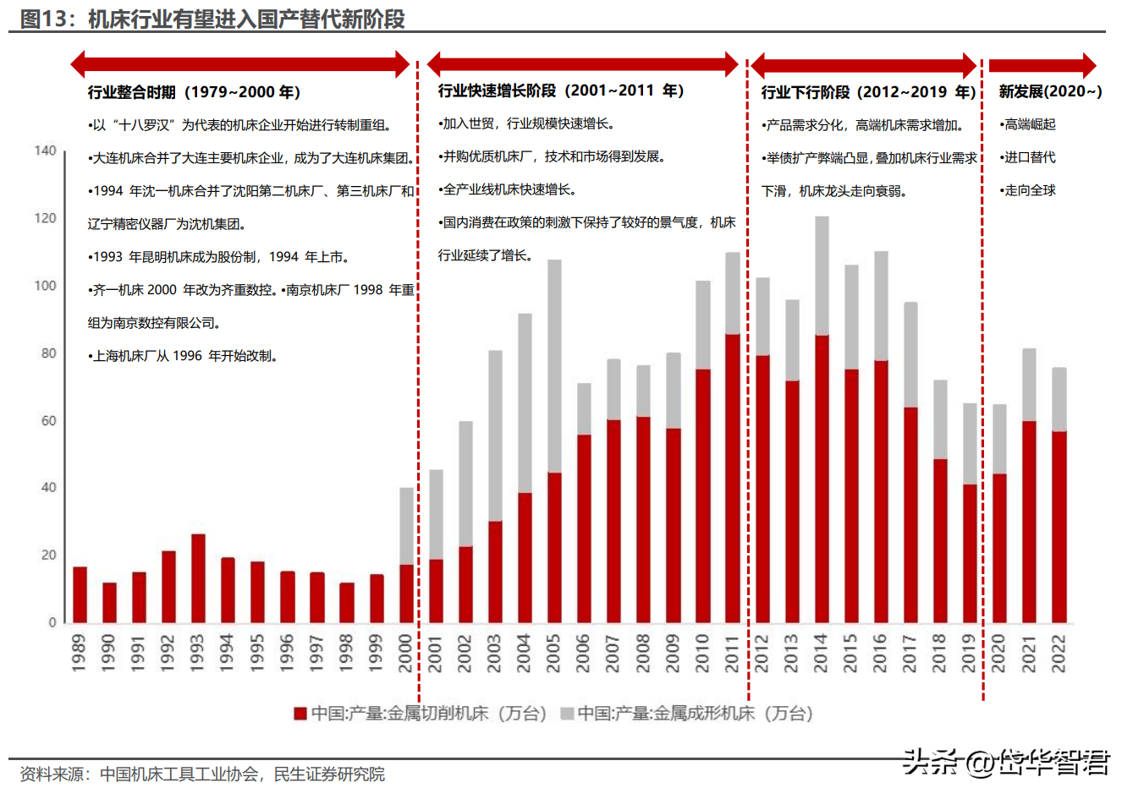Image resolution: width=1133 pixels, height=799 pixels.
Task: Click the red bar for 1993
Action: pos(198,578)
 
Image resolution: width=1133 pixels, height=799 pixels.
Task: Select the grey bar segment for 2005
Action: pos(554,366)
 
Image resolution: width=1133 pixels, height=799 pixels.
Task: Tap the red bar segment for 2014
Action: pos(822,479)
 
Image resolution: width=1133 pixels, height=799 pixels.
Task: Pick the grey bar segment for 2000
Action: pos(406,526)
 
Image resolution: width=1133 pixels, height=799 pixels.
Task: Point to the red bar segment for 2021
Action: pos(1029,522)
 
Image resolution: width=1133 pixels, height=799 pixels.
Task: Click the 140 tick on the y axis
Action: pos(45,150)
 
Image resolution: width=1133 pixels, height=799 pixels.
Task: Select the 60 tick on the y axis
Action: pos(48,420)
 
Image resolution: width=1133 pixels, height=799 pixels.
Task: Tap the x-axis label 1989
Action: pos(79,654)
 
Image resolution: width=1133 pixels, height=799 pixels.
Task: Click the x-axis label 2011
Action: pos(732,654)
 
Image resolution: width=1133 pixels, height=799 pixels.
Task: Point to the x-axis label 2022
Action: pos(1059,654)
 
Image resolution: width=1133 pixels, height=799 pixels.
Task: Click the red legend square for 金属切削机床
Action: pos(300,714)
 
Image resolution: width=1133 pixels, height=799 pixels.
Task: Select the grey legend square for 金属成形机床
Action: pos(567,714)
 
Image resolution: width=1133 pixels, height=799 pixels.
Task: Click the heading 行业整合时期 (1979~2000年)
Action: pos(195,92)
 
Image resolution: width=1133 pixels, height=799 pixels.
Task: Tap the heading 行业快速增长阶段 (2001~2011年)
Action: pos(561,90)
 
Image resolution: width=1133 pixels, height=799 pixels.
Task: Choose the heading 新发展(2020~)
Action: pos(1050,91)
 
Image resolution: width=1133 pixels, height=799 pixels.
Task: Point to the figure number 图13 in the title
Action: pos(43,19)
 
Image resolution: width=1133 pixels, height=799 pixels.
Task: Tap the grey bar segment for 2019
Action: pos(970,444)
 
